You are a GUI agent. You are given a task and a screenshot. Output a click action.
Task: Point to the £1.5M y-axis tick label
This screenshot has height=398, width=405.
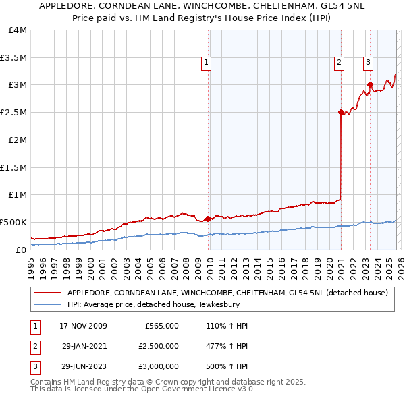point(13,167)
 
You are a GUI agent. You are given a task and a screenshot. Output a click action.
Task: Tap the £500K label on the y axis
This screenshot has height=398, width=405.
point(13,222)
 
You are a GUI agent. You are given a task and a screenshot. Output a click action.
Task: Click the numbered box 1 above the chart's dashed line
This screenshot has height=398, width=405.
point(206,63)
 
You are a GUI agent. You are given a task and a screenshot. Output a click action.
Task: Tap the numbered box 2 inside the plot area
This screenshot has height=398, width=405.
point(338,63)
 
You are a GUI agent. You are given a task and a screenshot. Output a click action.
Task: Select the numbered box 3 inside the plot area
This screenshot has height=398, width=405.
point(368,63)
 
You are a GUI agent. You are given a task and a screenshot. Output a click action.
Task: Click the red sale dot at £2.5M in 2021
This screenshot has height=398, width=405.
point(341,113)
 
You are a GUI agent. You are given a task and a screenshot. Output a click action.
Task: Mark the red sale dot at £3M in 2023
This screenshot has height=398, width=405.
point(370,85)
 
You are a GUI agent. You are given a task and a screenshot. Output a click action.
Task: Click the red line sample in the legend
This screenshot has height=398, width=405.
point(47,293)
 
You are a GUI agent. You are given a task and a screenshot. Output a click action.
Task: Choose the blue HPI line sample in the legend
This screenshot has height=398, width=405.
point(47,304)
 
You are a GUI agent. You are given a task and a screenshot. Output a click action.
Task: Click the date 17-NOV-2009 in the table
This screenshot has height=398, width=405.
point(83,326)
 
